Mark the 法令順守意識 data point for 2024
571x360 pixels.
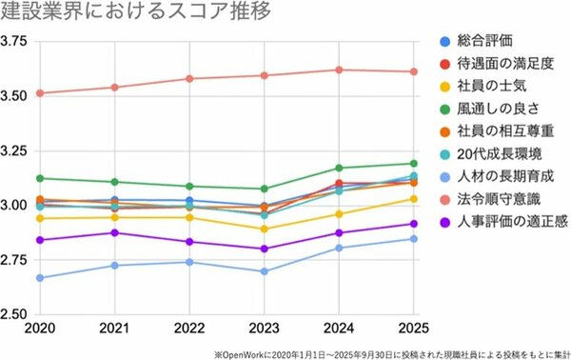(340, 70)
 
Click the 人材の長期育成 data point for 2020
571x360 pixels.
(40, 278)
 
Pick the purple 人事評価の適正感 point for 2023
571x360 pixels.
(265, 249)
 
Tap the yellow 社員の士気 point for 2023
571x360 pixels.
(265, 229)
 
